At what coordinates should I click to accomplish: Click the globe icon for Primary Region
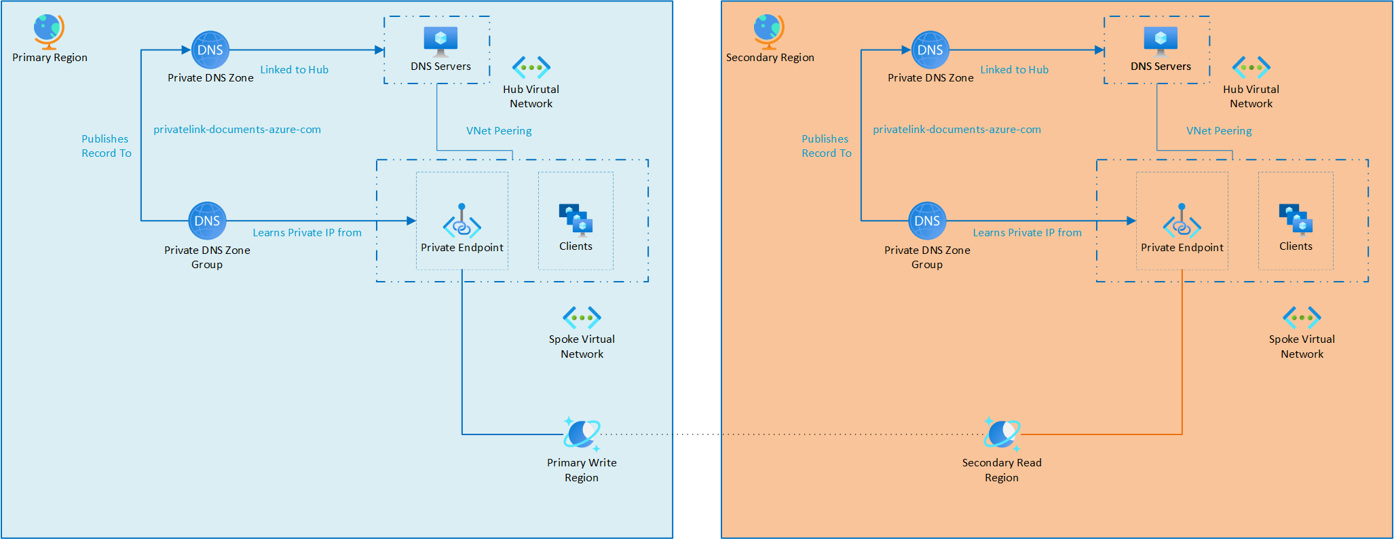[x=49, y=31]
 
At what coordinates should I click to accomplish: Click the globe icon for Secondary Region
[x=769, y=31]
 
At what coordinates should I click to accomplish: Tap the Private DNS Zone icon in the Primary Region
[x=210, y=50]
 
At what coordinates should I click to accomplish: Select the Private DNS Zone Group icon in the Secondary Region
[x=927, y=221]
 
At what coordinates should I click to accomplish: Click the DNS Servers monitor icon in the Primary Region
[x=440, y=41]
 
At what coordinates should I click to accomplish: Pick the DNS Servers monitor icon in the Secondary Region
[x=1161, y=41]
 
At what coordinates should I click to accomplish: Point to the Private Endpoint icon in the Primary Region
[x=461, y=221]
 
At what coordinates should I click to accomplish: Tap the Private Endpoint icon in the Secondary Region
[x=1182, y=221]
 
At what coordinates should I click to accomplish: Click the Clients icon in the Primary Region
[x=576, y=219]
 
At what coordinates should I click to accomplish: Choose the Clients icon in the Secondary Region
[x=1296, y=219]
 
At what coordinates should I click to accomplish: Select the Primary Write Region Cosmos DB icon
[x=582, y=434]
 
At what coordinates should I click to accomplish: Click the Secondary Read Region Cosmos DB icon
[x=1002, y=434]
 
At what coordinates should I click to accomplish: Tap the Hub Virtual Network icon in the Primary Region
[x=531, y=67]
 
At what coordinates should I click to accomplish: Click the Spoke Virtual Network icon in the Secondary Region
[x=1302, y=317]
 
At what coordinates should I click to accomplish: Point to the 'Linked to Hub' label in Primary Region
[x=295, y=69]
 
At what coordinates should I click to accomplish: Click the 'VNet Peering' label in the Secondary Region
[x=1219, y=130]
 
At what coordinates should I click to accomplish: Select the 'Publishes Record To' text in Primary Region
[x=106, y=146]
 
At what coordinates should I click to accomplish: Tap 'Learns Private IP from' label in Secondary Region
[x=1027, y=232]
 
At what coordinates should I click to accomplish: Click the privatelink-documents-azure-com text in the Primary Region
[x=237, y=129]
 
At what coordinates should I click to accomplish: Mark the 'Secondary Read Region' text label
[x=1002, y=470]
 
